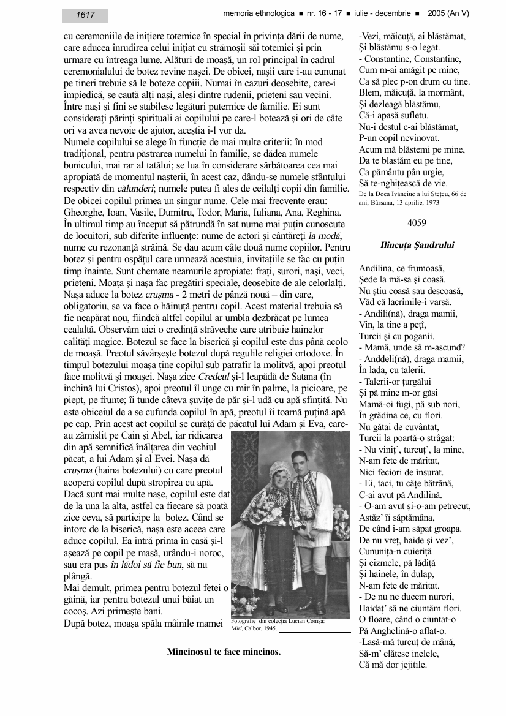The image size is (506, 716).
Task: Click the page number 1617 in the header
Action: click(x=85, y=15)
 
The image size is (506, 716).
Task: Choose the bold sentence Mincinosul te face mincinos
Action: click(x=224, y=652)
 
